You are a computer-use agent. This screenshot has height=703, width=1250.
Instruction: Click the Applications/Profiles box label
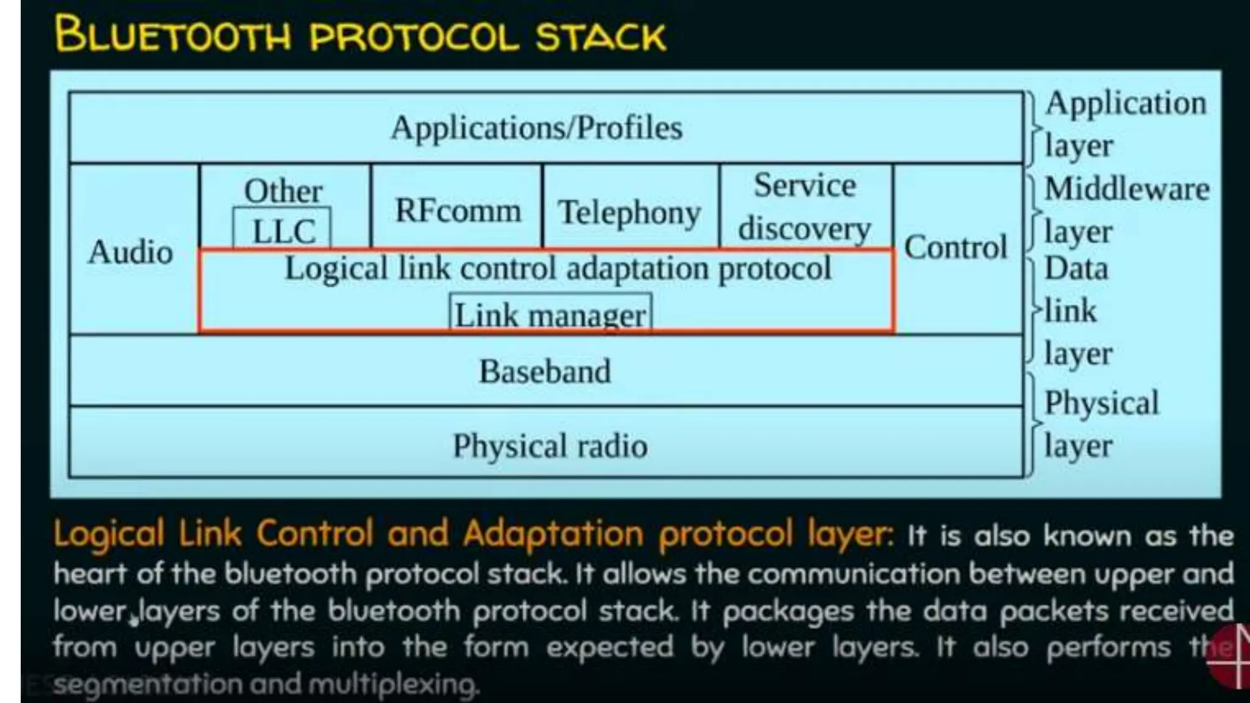click(x=536, y=128)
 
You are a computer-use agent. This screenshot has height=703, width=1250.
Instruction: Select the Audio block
click(x=131, y=252)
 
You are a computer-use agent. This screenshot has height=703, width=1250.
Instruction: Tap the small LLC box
click(x=283, y=231)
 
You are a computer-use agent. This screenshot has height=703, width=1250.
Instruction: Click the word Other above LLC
click(x=283, y=191)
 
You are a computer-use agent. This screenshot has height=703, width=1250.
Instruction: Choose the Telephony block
click(x=629, y=212)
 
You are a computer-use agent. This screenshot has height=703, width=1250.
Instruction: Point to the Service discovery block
click(x=804, y=207)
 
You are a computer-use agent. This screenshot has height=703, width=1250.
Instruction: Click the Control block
click(x=955, y=247)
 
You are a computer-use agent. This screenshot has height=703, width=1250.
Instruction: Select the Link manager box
click(x=551, y=315)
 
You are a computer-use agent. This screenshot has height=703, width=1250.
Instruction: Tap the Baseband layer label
click(x=544, y=371)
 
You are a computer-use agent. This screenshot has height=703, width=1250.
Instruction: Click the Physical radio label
click(x=550, y=445)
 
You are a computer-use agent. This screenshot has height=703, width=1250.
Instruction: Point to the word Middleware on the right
click(x=1127, y=189)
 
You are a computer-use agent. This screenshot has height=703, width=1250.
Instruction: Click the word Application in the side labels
click(x=1125, y=103)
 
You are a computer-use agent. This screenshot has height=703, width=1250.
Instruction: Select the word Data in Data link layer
click(x=1076, y=269)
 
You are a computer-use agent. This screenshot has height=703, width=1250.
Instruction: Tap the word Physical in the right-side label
click(x=1101, y=403)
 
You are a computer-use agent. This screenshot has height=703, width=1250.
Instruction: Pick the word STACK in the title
click(x=601, y=37)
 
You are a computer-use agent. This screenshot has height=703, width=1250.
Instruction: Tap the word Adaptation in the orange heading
click(x=553, y=534)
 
